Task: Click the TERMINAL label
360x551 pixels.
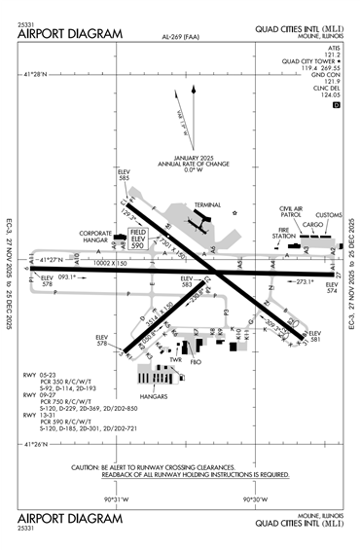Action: pyautogui.click(x=207, y=205)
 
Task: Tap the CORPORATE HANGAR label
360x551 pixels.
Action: pyautogui.click(x=96, y=238)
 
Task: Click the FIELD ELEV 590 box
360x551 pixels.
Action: pyautogui.click(x=137, y=239)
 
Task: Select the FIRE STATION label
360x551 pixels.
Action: pyautogui.click(x=283, y=235)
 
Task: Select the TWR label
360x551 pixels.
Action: pyautogui.click(x=177, y=360)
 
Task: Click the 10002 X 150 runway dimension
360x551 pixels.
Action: pyautogui.click(x=107, y=264)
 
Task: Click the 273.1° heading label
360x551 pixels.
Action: pyautogui.click(x=305, y=282)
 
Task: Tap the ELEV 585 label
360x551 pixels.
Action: pyautogui.click(x=124, y=176)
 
